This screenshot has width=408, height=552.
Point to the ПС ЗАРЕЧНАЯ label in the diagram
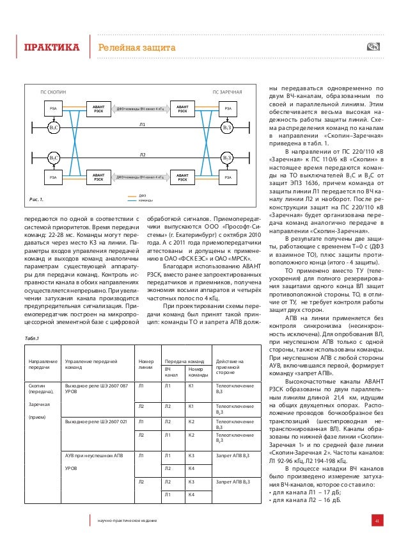click(227, 93)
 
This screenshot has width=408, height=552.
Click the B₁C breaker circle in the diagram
click(54, 128)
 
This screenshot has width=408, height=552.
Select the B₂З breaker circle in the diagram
click(226, 158)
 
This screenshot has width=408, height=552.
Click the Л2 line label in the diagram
click(143, 154)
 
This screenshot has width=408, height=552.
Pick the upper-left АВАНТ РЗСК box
click(98, 110)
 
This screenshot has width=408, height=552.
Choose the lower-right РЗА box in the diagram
click(228, 175)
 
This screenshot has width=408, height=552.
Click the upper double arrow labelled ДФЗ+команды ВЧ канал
click(140, 110)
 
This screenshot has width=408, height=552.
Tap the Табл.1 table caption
click(33, 339)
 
